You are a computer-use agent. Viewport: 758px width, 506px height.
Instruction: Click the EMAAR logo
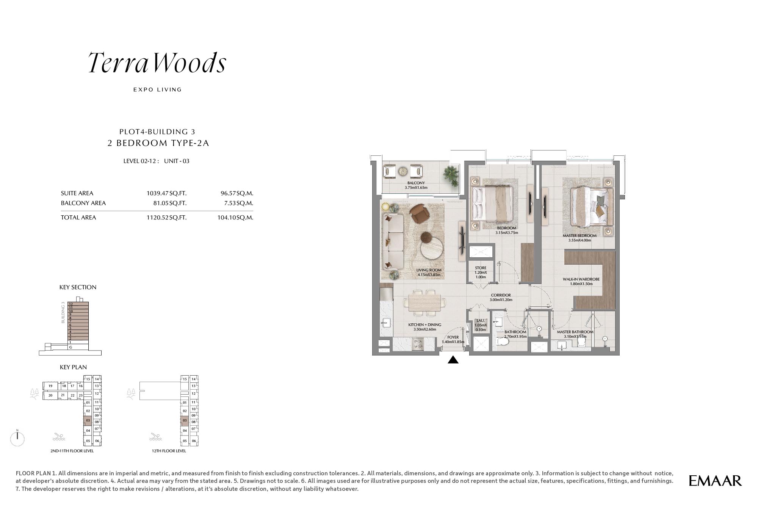click(715, 481)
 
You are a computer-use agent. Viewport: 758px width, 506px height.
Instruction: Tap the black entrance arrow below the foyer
click(453, 360)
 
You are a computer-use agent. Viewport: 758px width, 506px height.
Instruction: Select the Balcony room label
click(416, 185)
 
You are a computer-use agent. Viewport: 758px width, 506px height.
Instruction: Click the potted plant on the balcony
click(451, 175)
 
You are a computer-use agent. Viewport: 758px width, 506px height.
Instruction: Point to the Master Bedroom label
click(579, 238)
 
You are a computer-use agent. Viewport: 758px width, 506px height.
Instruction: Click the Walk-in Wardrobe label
click(581, 281)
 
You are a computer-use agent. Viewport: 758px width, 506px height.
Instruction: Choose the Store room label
click(481, 272)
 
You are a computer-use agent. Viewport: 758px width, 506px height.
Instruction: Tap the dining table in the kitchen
click(424, 302)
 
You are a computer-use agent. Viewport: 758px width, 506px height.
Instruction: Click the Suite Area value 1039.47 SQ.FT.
click(166, 193)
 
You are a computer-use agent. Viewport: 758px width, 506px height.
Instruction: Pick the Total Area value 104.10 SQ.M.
click(235, 218)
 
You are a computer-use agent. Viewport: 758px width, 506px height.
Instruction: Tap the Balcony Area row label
click(83, 203)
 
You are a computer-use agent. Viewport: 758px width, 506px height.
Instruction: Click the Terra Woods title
click(157, 63)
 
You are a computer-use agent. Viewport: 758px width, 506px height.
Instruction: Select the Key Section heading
click(78, 287)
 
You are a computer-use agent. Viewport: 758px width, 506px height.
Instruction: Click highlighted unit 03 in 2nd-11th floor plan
click(88, 421)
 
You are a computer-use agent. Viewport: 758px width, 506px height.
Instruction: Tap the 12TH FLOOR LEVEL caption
click(169, 451)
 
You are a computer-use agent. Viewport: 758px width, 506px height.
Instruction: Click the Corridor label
click(501, 297)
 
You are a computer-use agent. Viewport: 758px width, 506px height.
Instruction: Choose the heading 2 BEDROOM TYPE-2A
click(158, 143)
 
